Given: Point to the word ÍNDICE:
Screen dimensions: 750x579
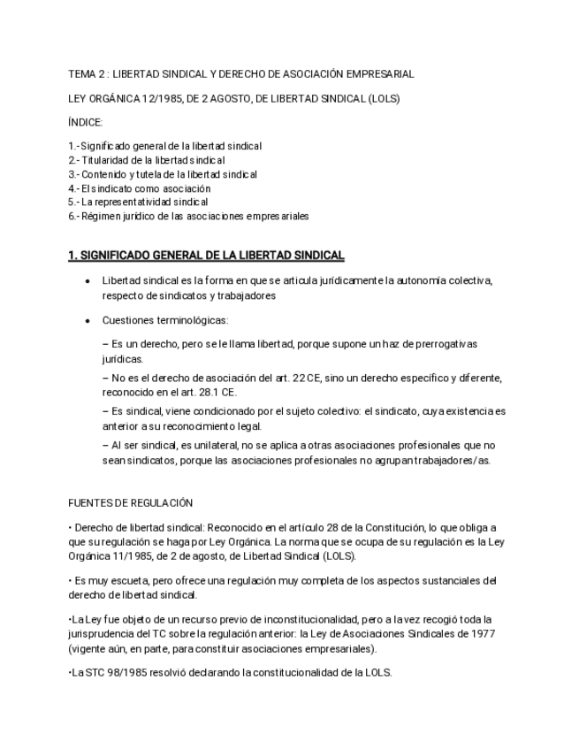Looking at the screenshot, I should (86, 123).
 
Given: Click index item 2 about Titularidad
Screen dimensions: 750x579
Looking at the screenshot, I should (147, 160).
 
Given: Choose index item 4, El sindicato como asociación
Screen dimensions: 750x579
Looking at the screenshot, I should (140, 188).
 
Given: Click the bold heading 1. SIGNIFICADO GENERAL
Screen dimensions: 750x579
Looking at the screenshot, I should (206, 256).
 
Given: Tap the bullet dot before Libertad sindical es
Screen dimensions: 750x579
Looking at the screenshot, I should (86, 281).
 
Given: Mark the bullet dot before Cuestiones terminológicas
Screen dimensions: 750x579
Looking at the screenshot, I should (86, 321).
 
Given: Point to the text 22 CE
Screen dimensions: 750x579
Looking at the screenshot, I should (306, 378).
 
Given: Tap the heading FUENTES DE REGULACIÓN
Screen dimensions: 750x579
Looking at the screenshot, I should (130, 502).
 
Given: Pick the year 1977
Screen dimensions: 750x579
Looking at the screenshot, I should (481, 634).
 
